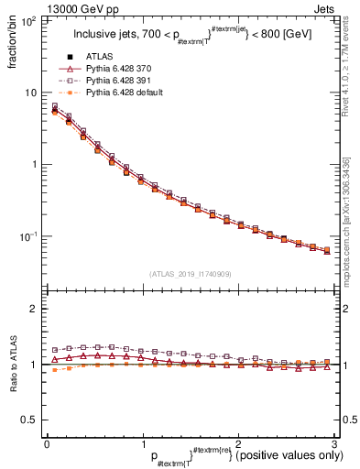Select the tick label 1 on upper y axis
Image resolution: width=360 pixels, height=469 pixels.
point(35,165)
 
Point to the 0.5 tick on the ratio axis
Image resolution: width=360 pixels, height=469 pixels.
point(30,420)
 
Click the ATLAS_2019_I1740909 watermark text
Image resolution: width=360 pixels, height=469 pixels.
point(190,274)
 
